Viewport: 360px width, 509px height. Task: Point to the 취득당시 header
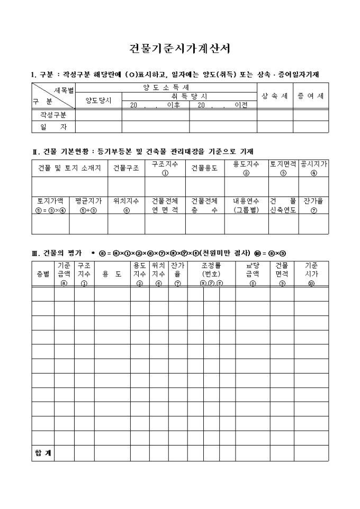click(189, 96)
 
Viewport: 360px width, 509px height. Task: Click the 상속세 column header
click(275, 96)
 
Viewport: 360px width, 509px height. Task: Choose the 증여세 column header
click(311, 96)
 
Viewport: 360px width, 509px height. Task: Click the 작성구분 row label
click(53, 114)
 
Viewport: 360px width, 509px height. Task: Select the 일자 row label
click(53, 126)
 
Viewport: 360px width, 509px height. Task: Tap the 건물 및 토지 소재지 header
click(69, 168)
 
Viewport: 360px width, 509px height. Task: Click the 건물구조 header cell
click(126, 168)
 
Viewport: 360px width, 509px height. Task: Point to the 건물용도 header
click(204, 168)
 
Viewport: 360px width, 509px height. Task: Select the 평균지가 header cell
click(88, 205)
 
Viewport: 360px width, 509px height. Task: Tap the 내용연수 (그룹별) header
click(246, 205)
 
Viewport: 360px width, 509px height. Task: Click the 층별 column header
click(42, 274)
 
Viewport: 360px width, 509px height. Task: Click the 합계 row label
click(42, 453)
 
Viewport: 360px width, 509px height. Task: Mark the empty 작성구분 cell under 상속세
click(275, 114)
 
